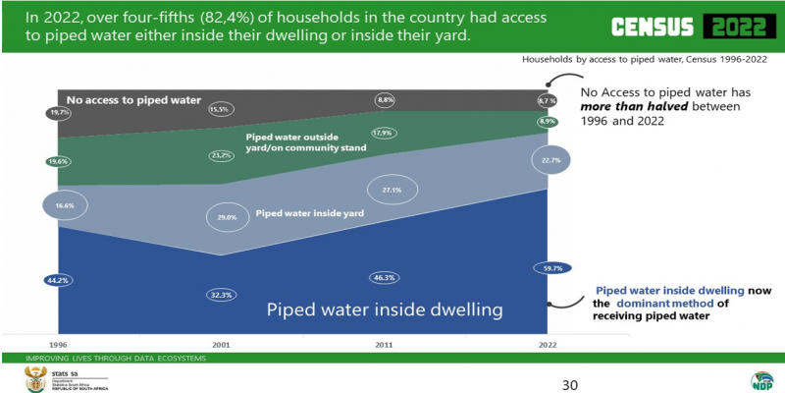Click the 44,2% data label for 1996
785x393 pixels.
59,280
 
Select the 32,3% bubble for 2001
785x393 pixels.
220,293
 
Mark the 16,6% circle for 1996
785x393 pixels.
65,205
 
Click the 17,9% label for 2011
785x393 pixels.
384,133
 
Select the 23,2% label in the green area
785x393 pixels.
220,155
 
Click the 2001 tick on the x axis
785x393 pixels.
220,346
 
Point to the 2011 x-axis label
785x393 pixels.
384,346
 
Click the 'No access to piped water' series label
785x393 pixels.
133,100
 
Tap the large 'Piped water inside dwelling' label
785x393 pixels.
387,309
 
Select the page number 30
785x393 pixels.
569,383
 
